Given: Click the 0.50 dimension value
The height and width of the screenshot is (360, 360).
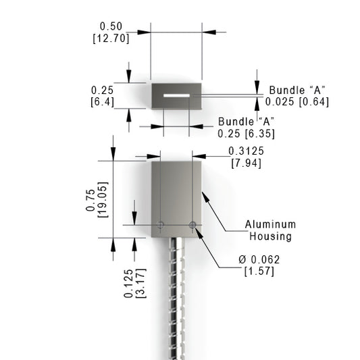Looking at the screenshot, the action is tap(111, 26).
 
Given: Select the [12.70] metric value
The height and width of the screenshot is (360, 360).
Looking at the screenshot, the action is tap(111, 38).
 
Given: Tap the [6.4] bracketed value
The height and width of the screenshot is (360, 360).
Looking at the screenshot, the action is tap(103, 102).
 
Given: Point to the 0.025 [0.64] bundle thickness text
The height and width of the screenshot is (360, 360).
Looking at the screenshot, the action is tap(297, 102).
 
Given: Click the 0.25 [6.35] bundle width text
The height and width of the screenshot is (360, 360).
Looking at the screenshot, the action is tap(246, 134).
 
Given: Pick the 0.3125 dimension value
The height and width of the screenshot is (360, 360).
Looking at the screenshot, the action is tap(246, 151).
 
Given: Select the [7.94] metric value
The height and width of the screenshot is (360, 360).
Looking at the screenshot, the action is tap(246, 163).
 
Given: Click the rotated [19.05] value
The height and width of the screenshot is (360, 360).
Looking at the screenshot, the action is tap(103, 200).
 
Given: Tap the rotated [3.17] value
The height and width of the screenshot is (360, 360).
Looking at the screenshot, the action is tap(141, 283).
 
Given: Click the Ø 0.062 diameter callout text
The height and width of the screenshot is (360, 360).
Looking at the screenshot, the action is tap(259, 259).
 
